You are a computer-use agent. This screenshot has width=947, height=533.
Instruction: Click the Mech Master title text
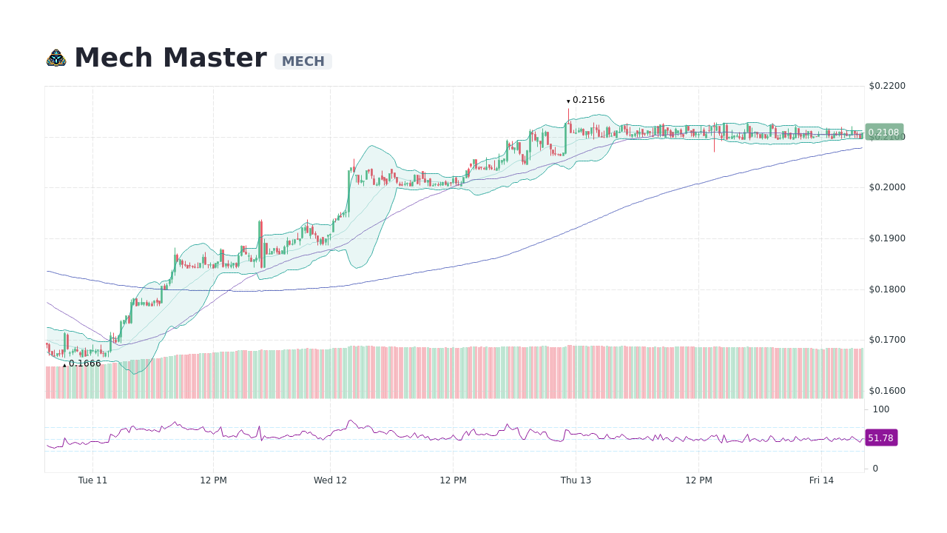170,58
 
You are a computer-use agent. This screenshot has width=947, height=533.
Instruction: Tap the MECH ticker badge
303,61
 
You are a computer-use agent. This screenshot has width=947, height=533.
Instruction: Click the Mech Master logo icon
56,58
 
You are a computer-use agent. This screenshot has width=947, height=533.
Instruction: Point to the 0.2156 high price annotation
588,100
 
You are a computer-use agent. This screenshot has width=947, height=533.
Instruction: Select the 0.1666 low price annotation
84,363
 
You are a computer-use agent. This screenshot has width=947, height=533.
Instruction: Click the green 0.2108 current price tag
883,133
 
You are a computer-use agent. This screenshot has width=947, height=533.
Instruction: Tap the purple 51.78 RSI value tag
880,438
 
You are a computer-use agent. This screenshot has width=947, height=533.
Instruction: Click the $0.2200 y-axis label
886,86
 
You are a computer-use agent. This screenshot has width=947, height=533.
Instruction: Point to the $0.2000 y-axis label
886,187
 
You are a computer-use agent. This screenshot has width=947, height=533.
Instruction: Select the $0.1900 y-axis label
886,238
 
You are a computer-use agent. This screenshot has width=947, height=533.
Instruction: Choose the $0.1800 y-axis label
886,289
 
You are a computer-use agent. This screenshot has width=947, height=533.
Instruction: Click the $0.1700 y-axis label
886,340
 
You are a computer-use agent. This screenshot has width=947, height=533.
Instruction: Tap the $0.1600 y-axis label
886,391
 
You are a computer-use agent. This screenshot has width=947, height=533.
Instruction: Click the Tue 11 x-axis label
92,480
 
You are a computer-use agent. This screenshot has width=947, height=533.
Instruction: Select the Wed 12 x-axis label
330,480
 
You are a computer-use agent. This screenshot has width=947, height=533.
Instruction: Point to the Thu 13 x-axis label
576,480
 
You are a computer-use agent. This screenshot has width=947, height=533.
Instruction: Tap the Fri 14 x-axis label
821,480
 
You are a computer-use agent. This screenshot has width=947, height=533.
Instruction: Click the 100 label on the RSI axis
880,409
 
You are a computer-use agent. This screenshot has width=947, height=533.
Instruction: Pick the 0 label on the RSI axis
875,469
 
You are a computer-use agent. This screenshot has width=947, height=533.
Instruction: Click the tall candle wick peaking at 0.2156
568,115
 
